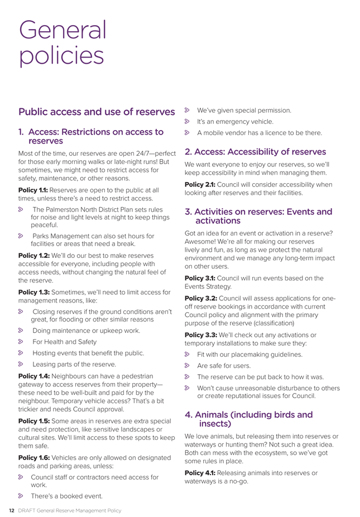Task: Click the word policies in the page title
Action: [x=61, y=56]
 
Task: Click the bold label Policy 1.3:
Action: [x=34, y=292]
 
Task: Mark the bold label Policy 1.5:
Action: [x=34, y=421]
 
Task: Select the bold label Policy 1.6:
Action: [x=34, y=457]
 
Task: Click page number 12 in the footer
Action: [x=10, y=510]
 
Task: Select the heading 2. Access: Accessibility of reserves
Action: [x=256, y=151]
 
